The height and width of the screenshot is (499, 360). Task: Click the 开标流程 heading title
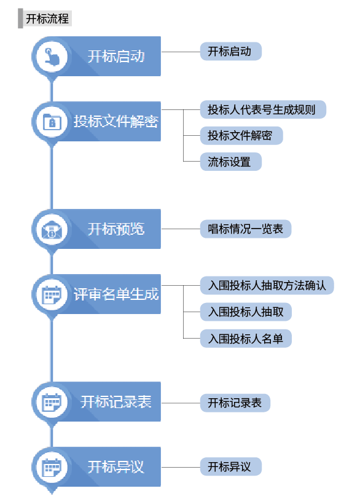point(47,18)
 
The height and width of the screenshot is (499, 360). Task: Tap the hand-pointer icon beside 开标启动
point(52,56)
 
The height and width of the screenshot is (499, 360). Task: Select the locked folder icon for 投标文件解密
point(52,121)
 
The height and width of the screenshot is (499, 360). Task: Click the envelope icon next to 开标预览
point(52,229)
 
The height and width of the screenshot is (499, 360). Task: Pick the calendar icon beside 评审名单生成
point(52,294)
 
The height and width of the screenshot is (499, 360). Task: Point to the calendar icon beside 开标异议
point(52,467)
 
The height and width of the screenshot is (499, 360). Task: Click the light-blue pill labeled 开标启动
point(231,51)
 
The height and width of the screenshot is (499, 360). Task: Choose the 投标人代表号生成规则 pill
point(263,109)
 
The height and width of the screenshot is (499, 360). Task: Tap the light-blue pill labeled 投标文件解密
point(241,136)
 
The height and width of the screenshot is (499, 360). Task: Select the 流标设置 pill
point(231,162)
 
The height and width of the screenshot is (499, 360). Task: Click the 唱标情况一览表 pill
point(246,229)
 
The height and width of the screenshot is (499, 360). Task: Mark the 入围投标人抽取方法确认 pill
point(267,286)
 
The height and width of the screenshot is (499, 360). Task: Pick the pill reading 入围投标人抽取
point(246,312)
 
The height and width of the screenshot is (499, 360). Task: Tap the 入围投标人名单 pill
point(246,339)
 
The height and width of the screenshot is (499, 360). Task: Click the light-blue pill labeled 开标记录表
point(235,403)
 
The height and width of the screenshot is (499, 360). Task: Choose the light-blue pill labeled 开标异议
point(231,467)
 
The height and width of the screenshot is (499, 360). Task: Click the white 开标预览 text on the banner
point(116,229)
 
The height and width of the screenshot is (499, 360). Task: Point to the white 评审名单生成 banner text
point(116,294)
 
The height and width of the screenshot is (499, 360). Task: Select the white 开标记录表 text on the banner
point(115,402)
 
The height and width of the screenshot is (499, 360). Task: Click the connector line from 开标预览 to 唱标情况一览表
point(181,229)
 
